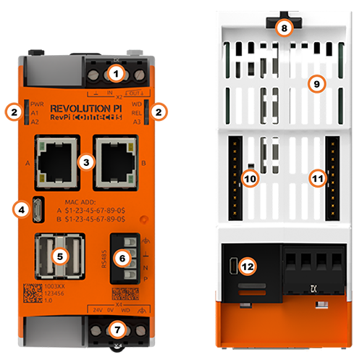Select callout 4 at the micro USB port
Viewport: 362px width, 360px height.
click(22, 209)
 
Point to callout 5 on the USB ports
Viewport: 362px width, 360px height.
click(59, 255)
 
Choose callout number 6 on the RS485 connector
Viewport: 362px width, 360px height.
click(122, 256)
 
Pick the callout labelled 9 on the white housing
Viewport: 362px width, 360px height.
click(315, 83)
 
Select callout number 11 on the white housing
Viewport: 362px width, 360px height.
click(316, 177)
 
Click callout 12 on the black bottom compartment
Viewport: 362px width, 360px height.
click(248, 267)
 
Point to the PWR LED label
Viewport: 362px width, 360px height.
click(36, 104)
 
